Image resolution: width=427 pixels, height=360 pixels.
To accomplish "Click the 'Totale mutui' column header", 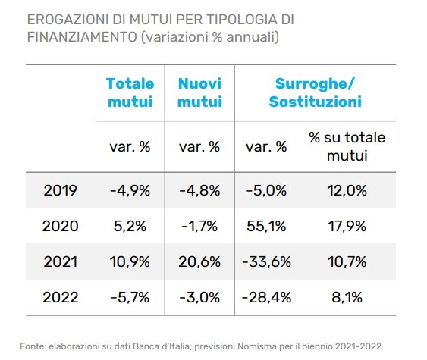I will coord(130,92).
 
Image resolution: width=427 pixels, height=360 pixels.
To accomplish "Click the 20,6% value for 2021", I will coord(200,261).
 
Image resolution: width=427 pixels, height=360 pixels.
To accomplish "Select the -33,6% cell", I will coord(265,261).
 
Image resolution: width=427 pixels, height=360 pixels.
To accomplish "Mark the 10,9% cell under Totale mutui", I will coord(130,261).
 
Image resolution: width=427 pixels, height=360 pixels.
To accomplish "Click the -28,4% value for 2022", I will coord(265,297).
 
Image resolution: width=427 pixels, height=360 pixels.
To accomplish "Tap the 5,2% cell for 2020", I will coord(130,225).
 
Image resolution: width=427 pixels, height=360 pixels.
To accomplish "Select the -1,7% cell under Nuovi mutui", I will coord(200,225).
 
